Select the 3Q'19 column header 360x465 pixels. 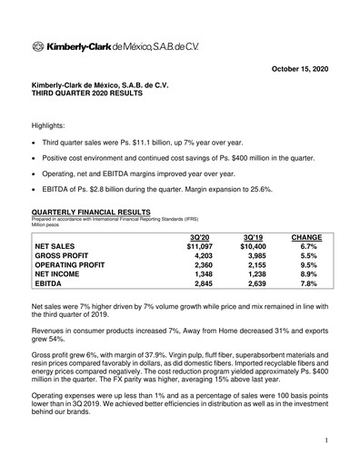coord(252,237)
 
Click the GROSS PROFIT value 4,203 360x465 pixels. coord(200,256)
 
